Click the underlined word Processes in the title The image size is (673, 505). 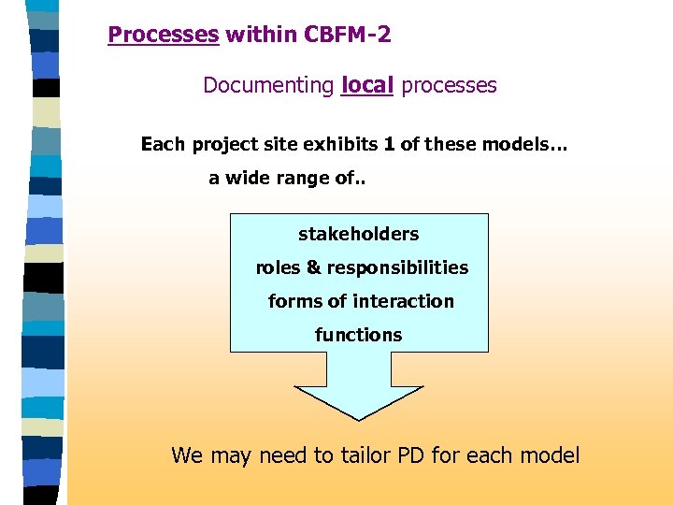pos(163,36)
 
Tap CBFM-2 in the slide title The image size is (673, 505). pos(348,36)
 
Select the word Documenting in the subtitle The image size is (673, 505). pos(268,86)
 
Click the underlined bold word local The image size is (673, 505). pos(368,86)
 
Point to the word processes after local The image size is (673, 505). pos(449,86)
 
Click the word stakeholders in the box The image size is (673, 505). pos(358,234)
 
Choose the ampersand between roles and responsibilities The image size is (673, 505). pos(313,267)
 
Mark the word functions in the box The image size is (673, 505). pos(358,335)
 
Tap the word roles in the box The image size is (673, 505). pos(278,267)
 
